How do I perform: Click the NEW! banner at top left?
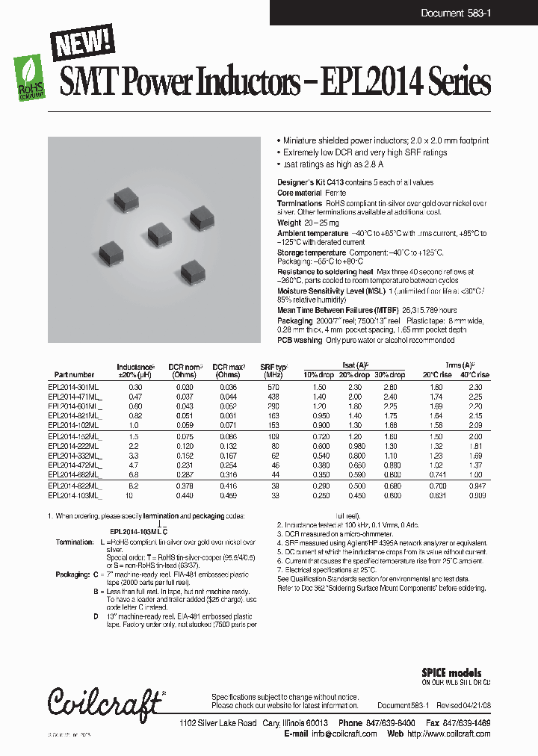pos(82,42)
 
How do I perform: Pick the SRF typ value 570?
pos(274,387)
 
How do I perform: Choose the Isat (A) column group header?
pos(355,364)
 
